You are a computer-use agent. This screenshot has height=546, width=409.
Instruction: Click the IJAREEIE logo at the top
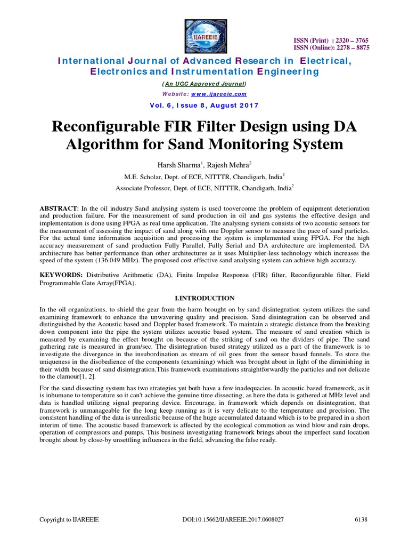(204, 35)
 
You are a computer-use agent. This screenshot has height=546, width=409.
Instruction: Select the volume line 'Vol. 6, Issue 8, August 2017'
(204, 105)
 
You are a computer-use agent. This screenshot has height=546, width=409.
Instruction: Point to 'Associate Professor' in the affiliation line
(144, 188)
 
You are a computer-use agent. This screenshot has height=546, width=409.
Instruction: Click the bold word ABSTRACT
(59, 206)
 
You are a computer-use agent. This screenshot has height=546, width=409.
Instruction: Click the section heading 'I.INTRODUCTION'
(204, 298)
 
